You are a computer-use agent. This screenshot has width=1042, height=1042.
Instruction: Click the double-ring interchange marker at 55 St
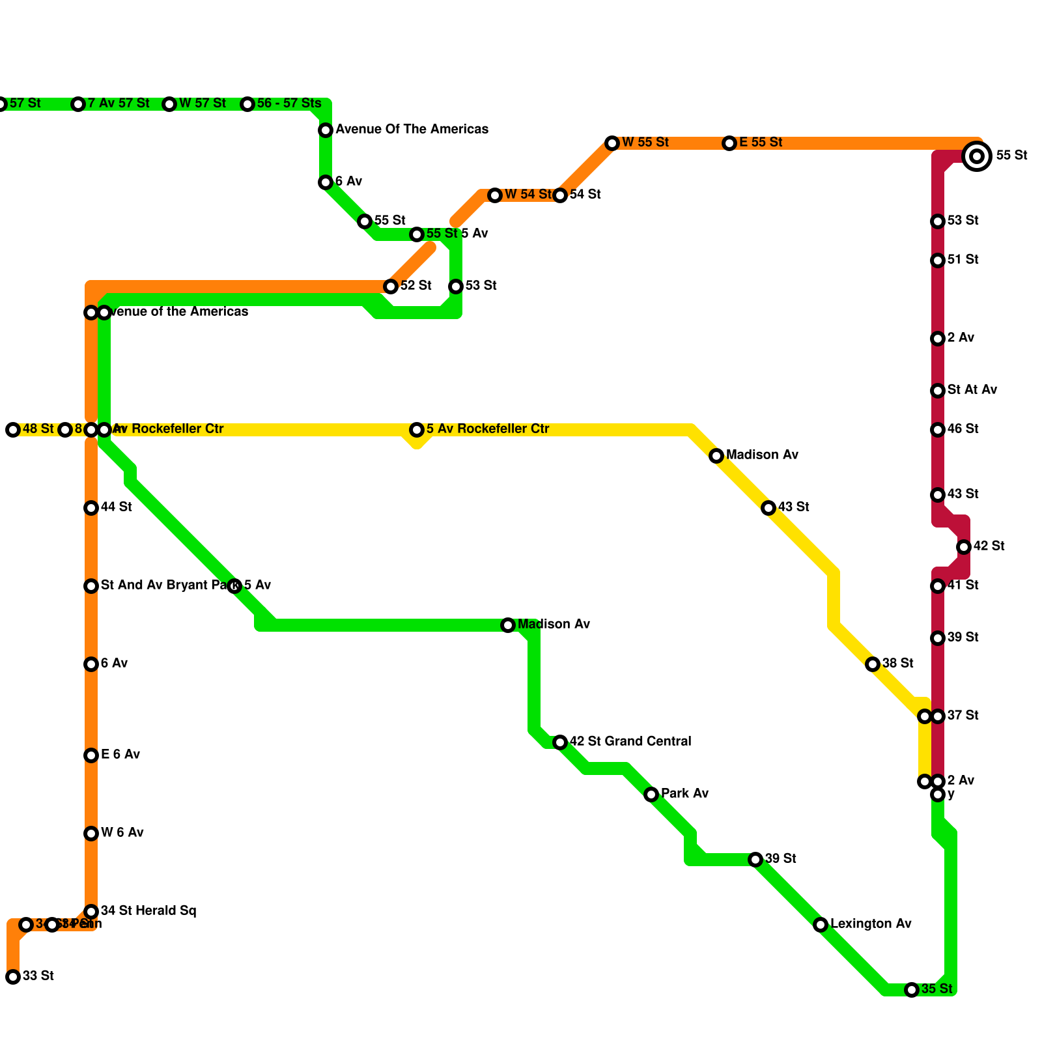(x=976, y=156)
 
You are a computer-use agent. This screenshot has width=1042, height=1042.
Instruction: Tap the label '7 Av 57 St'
(x=119, y=104)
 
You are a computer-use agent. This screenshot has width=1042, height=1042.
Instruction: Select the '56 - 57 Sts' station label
(x=289, y=104)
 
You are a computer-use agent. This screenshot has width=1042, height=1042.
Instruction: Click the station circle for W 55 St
(x=612, y=143)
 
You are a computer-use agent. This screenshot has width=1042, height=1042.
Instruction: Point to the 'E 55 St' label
(x=761, y=143)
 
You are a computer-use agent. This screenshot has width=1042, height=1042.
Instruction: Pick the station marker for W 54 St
(x=495, y=195)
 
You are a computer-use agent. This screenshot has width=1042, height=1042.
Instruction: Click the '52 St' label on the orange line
(x=415, y=286)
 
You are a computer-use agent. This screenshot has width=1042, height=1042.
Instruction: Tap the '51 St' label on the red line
(x=963, y=260)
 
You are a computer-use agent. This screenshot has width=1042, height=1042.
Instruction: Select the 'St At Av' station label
(x=972, y=390)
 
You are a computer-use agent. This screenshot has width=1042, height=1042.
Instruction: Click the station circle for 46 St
(x=938, y=430)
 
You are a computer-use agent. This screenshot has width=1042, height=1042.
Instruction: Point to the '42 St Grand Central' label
(x=630, y=742)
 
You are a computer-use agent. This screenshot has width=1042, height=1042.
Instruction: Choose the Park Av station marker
(x=651, y=795)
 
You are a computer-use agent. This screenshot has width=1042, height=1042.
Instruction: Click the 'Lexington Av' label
(x=870, y=924)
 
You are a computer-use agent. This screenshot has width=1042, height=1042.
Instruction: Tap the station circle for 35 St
(x=912, y=990)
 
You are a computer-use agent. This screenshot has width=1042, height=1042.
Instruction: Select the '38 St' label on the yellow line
(x=897, y=664)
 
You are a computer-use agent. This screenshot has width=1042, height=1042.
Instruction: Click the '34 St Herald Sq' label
(x=148, y=911)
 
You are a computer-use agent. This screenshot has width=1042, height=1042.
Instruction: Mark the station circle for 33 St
(x=13, y=977)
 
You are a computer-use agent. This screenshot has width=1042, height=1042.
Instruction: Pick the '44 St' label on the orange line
(x=116, y=507)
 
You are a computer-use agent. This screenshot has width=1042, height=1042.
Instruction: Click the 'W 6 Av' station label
(x=122, y=833)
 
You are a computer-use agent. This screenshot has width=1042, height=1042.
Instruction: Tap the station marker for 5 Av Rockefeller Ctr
(x=417, y=430)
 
